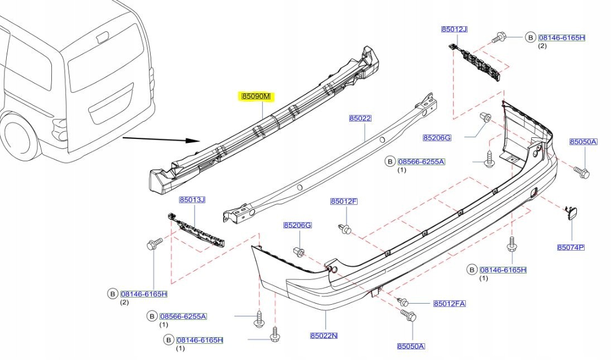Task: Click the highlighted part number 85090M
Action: [256, 97]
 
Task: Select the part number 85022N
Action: [325, 335]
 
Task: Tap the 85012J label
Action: [454, 29]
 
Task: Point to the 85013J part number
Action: [192, 200]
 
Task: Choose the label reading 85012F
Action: [344, 201]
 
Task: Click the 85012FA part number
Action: [450, 304]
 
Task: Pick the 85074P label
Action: [570, 247]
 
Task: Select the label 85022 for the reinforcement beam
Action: [360, 118]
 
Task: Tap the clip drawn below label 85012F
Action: [344, 228]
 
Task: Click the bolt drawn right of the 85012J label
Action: [498, 38]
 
